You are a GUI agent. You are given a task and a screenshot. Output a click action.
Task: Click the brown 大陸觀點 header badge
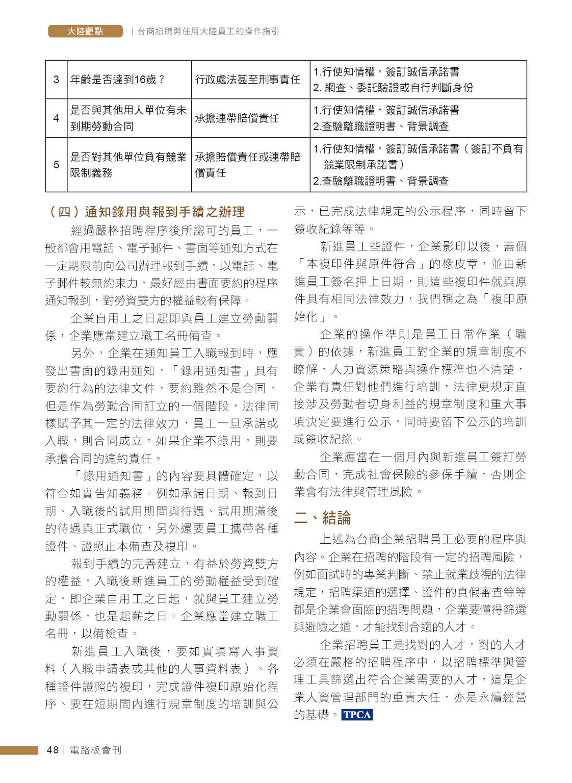tap(85, 31)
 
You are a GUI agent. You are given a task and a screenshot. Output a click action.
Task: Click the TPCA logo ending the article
tap(357, 715)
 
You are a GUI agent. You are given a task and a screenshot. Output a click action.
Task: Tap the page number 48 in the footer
tap(52, 750)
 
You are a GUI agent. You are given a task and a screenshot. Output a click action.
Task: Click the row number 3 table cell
tap(56, 80)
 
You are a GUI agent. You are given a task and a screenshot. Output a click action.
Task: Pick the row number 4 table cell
tap(56, 118)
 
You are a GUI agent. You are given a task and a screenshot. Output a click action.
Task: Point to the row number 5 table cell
tap(56, 164)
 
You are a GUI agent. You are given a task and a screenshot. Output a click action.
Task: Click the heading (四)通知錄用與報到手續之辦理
tap(145, 212)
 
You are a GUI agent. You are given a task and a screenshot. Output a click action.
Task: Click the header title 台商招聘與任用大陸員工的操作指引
tap(209, 31)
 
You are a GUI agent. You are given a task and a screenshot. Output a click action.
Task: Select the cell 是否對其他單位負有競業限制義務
tap(128, 164)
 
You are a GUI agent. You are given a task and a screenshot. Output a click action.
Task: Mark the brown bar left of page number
tap(19, 750)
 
